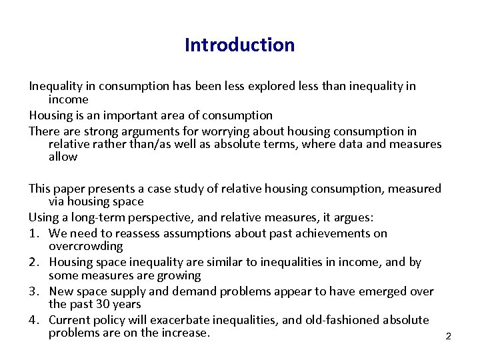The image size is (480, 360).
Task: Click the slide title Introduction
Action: (x=239, y=45)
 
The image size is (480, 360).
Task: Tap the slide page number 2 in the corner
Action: (x=448, y=336)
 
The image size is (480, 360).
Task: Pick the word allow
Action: (x=63, y=157)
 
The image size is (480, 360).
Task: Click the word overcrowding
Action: (x=86, y=246)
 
